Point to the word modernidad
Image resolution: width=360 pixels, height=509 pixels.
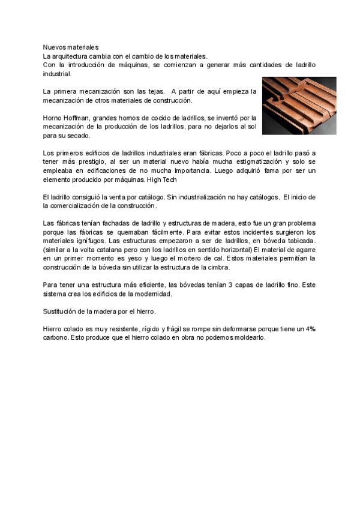(x=153, y=294)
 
